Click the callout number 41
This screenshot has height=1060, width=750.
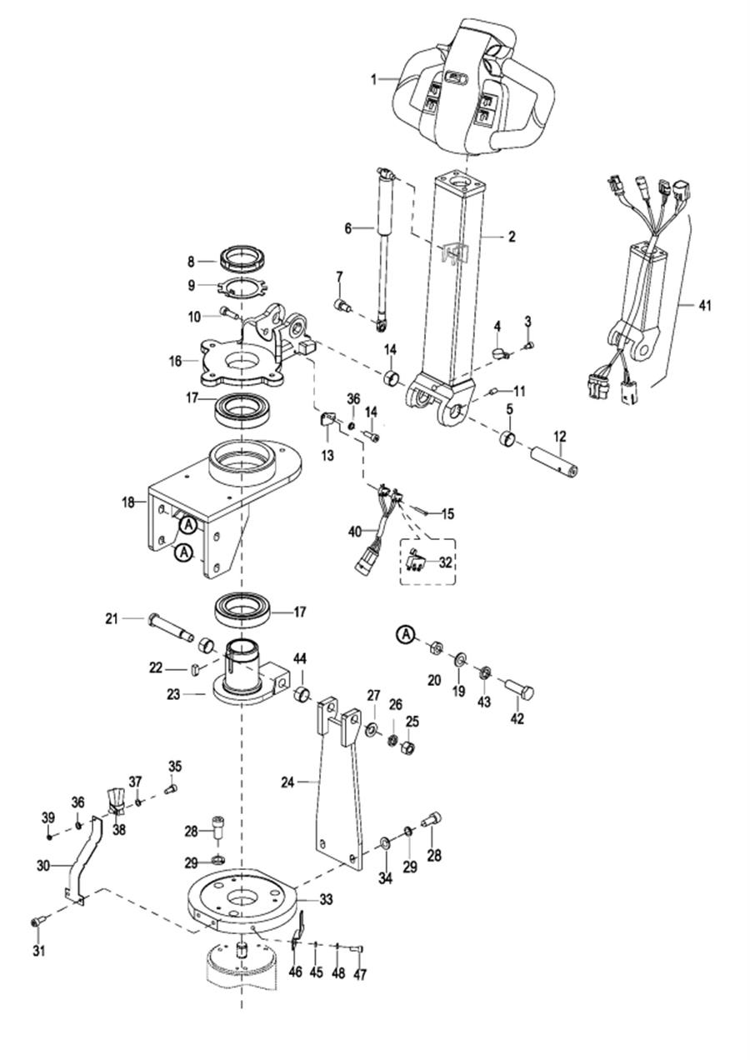click(x=704, y=306)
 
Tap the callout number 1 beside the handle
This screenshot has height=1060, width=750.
click(x=374, y=79)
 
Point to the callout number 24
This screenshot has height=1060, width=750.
click(x=287, y=782)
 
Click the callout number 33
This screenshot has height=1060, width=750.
click(x=326, y=899)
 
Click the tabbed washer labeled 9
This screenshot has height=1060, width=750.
click(x=242, y=287)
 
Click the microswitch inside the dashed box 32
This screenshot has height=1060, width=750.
click(x=415, y=561)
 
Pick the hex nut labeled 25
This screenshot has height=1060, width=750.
click(x=409, y=748)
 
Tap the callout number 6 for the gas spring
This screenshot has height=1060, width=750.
click(x=348, y=228)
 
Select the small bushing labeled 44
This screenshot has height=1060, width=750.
click(x=302, y=693)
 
